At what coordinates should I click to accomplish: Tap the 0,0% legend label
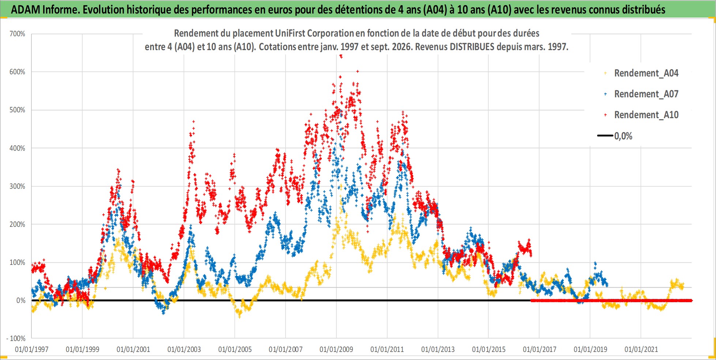(623, 136)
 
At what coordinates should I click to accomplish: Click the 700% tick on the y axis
(17, 34)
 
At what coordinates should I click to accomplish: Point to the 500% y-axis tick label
(17, 110)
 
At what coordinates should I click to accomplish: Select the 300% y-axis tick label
(17, 186)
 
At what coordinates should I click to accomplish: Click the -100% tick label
(16, 338)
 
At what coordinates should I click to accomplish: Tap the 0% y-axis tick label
(21, 300)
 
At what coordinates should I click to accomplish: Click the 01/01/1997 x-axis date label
(31, 349)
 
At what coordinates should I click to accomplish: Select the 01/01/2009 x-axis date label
(336, 349)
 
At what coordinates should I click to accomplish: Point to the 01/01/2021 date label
(641, 349)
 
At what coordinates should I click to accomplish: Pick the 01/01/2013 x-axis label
(438, 349)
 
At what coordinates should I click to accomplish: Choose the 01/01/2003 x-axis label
(184, 349)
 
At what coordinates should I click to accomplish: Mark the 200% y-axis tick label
(17, 224)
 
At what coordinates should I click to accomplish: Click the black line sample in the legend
(605, 136)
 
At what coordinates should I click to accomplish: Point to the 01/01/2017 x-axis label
(539, 349)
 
